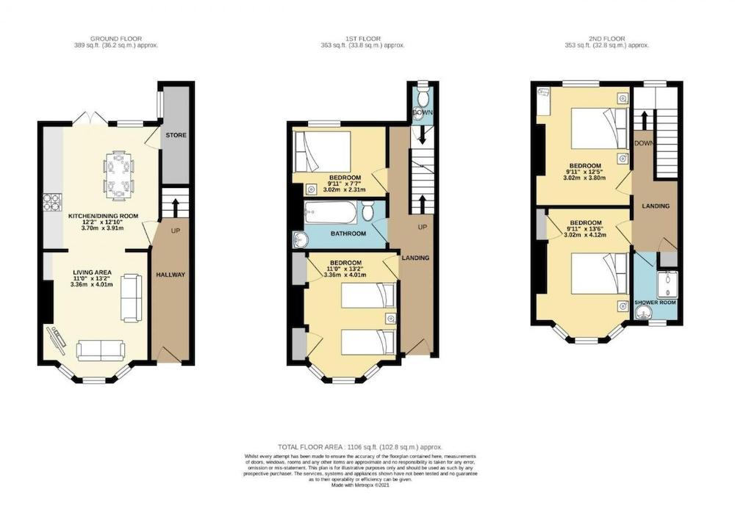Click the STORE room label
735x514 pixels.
[175, 136]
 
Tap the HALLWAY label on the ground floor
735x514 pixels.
[171, 275]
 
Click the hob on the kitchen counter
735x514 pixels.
[52, 202]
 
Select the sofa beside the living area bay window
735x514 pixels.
[101, 350]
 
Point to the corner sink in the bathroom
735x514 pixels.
[300, 239]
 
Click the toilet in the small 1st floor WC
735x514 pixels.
[422, 100]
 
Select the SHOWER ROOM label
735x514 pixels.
[656, 303]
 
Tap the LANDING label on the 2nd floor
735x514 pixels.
[655, 206]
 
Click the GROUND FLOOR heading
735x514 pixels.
[115, 38]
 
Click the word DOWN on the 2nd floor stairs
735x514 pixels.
[643, 143]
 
